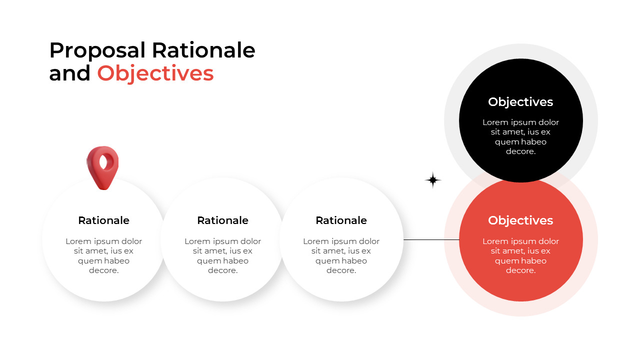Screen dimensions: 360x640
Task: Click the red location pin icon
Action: (102, 170)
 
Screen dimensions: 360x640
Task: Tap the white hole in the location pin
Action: (103, 161)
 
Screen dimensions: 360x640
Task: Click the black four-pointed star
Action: (433, 180)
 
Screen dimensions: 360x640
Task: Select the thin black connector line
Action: (431, 240)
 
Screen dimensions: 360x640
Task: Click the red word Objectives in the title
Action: (155, 73)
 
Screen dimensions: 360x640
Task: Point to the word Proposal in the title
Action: (97, 50)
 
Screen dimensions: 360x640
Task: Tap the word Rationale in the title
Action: (203, 50)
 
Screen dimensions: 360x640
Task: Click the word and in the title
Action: (69, 73)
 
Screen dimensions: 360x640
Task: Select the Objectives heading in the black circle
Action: (520, 102)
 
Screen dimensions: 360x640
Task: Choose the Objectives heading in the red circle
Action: (520, 220)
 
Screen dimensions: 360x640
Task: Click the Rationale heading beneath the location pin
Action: (104, 220)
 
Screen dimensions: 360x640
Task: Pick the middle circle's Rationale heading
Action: (222, 220)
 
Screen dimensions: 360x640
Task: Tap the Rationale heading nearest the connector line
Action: (341, 220)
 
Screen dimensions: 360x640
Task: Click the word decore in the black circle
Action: (520, 151)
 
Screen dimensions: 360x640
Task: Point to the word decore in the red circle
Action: (520, 270)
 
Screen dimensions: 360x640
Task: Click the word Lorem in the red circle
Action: (494, 241)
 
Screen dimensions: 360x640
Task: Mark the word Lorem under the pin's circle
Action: (77, 241)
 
